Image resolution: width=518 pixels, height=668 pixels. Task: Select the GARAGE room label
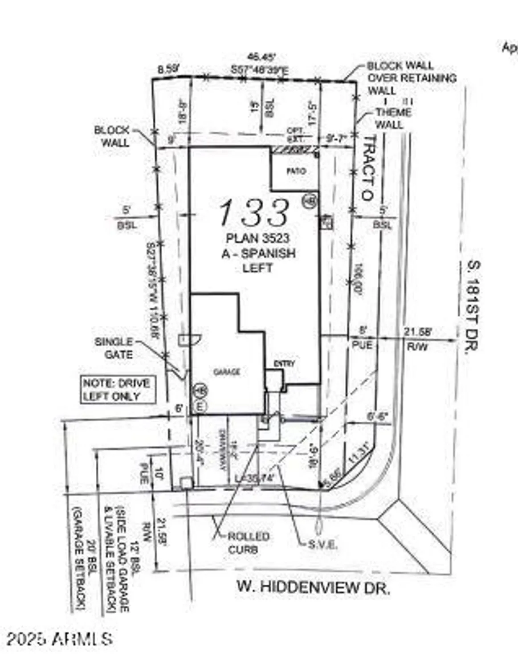[x=227, y=372]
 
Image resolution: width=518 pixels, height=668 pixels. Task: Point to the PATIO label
[x=296, y=171]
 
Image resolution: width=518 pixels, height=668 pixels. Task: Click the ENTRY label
[x=285, y=364]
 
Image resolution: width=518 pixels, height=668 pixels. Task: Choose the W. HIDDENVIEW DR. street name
[x=313, y=587]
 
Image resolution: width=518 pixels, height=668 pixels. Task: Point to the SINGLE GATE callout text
[x=114, y=348]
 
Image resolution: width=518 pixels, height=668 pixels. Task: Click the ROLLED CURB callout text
[x=249, y=543]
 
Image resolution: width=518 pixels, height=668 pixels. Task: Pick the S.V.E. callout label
[x=322, y=545]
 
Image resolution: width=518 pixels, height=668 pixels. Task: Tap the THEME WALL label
[x=392, y=118]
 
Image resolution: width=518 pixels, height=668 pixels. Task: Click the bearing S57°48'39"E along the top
[x=260, y=70]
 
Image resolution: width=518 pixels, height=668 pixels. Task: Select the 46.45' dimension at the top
[x=262, y=57]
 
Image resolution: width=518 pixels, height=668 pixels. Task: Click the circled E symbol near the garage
[x=201, y=406]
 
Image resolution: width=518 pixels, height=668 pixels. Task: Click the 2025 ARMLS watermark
[x=59, y=639]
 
